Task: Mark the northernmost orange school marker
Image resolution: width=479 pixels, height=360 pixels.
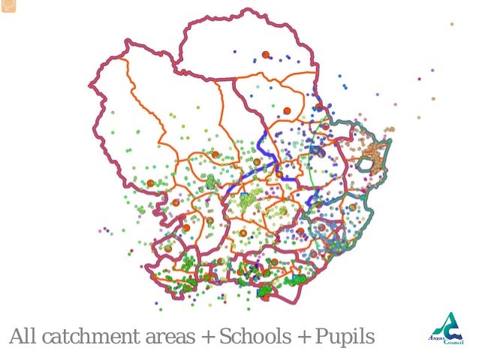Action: coord(265,54)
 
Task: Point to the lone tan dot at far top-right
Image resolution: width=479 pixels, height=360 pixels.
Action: coord(452,24)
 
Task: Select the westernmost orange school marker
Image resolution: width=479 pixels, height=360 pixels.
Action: coord(150,183)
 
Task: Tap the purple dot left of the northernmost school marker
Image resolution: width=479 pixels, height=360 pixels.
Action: coord(234,53)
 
